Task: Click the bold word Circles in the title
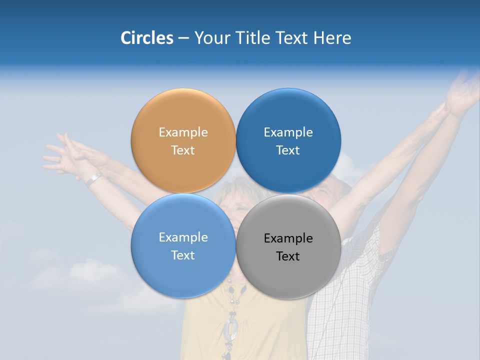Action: pos(146,38)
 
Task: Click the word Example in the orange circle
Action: pos(183,132)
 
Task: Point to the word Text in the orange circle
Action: pos(183,150)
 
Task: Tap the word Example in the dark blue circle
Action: pos(288,132)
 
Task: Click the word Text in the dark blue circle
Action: pos(288,150)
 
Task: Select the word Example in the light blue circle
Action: pos(183,237)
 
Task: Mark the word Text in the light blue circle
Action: pos(183,255)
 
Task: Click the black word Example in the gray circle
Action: pos(288,238)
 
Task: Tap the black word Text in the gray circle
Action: pos(288,256)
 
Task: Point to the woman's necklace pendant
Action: pos(231,327)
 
